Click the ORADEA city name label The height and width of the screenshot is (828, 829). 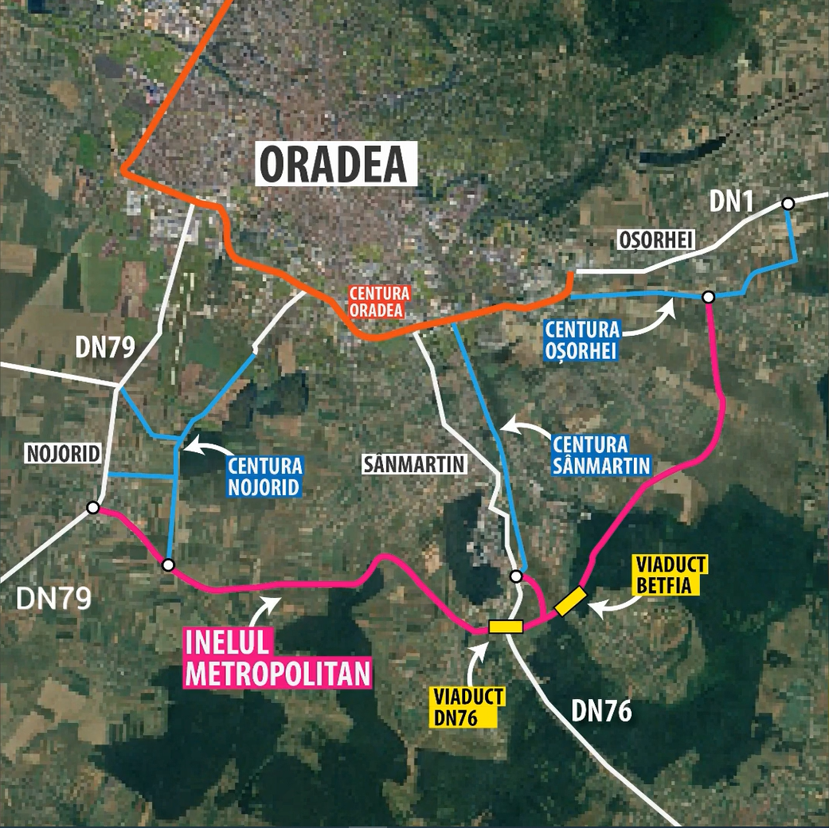337,164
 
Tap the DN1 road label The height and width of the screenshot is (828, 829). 731,202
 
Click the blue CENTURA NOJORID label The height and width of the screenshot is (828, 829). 264,475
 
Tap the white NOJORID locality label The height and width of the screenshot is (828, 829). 63,454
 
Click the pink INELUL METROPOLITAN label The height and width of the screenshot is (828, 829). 278,658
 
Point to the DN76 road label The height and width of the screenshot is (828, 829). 601,711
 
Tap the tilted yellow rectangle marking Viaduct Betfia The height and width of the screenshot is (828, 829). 570,601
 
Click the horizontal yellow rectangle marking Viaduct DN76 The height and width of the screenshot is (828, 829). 506,627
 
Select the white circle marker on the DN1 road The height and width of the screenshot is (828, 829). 788,204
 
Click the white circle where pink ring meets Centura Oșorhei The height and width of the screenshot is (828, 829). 708,297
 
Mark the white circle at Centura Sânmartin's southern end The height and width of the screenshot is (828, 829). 515,576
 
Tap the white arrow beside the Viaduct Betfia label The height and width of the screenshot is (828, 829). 614,607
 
